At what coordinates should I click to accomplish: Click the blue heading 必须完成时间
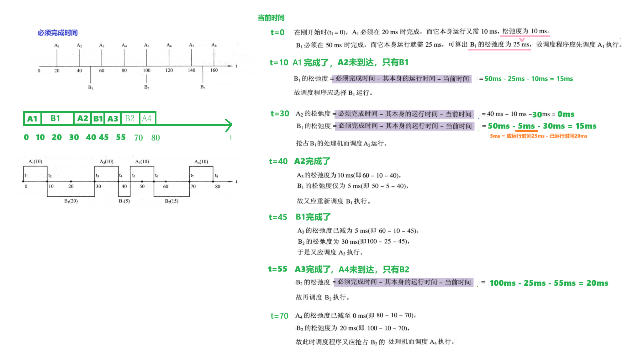click(57, 33)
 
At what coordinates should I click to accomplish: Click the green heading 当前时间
click(271, 18)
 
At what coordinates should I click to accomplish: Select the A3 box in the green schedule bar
click(113, 119)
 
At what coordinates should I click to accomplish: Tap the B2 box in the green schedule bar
click(130, 118)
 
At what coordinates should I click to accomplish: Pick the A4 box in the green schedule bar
click(147, 118)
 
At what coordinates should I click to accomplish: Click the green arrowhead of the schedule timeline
click(229, 125)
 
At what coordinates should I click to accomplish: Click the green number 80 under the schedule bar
click(156, 138)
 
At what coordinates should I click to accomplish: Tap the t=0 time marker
click(277, 32)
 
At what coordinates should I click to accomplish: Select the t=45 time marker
click(278, 217)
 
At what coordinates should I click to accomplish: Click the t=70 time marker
click(279, 316)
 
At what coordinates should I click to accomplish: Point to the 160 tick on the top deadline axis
click(214, 70)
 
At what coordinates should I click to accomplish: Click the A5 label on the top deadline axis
click(146, 45)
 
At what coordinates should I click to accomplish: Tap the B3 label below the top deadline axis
click(203, 87)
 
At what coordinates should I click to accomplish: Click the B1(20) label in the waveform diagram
click(71, 201)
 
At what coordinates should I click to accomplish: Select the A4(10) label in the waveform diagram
click(201, 161)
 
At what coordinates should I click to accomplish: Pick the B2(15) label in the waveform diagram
click(171, 201)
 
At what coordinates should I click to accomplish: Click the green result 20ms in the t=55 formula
click(597, 283)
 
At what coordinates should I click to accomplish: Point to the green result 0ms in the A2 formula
click(566, 114)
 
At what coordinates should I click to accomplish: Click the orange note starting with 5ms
click(538, 136)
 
